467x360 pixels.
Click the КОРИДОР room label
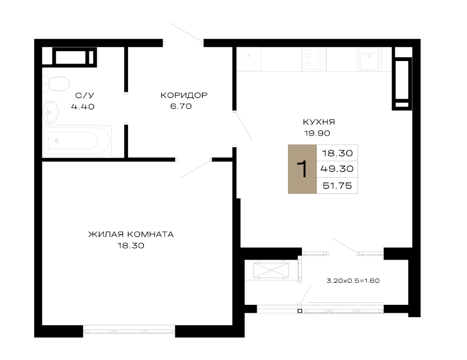coord(184,95)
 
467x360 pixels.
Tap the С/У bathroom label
coord(85,96)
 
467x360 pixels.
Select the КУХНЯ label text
coord(318,122)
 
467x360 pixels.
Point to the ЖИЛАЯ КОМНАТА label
coord(131,234)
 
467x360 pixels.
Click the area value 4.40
coord(83,106)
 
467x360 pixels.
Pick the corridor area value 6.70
coord(181,106)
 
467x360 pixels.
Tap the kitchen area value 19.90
coord(317,133)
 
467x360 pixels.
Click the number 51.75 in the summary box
coord(337,186)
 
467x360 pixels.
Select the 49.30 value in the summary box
coord(337,169)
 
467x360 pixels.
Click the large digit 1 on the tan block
coord(302,169)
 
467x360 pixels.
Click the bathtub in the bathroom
coord(77,141)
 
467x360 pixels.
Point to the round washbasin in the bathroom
coord(50,112)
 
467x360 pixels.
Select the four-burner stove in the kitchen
coord(314,59)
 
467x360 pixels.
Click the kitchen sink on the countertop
coord(369,59)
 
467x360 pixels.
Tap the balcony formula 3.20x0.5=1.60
coord(353,281)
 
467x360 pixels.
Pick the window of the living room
coord(129,331)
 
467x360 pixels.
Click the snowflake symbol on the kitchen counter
coord(249,55)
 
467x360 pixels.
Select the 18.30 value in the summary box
coord(337,153)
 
